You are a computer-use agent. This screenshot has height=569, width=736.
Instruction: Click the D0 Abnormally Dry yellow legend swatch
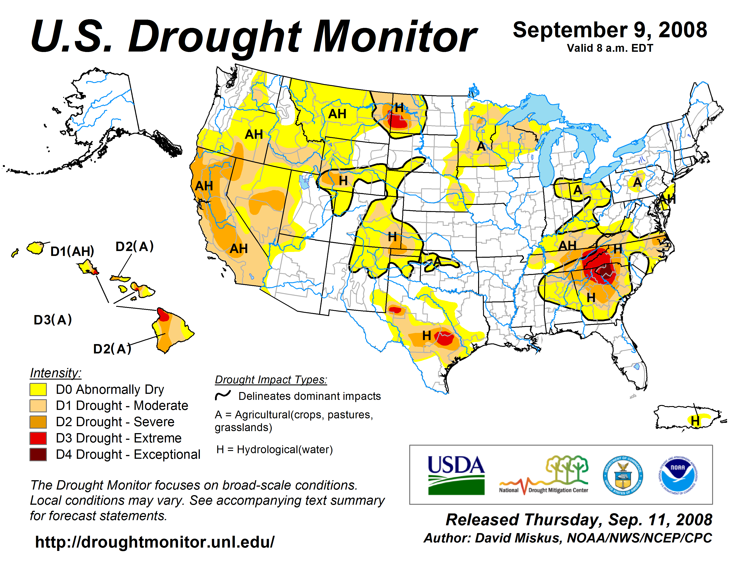[x=38, y=389]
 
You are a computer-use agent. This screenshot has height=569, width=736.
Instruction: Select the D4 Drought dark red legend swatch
[x=38, y=454]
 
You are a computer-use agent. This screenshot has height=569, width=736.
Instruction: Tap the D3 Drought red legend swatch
[x=38, y=438]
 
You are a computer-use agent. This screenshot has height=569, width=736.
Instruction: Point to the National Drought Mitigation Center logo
[x=544, y=475]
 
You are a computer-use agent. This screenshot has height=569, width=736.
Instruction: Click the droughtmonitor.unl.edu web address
[x=155, y=542]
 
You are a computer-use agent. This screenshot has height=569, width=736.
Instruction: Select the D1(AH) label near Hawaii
[x=72, y=251]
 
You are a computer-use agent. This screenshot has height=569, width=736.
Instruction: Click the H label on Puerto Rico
[x=695, y=421]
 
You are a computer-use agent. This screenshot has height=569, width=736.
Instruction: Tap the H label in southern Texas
[x=427, y=336]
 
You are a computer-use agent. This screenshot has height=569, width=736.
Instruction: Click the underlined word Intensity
[x=56, y=373]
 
